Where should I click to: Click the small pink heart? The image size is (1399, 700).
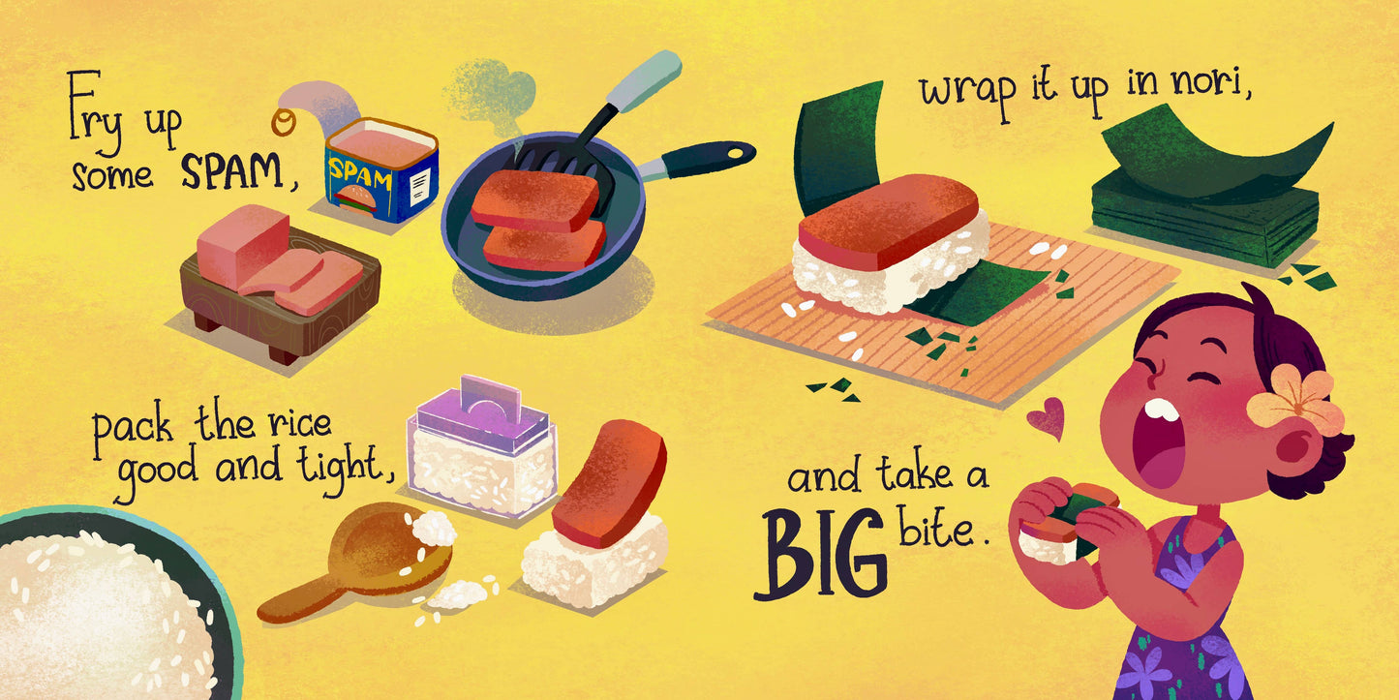point(1047,417)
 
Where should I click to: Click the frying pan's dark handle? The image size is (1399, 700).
point(707,159)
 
